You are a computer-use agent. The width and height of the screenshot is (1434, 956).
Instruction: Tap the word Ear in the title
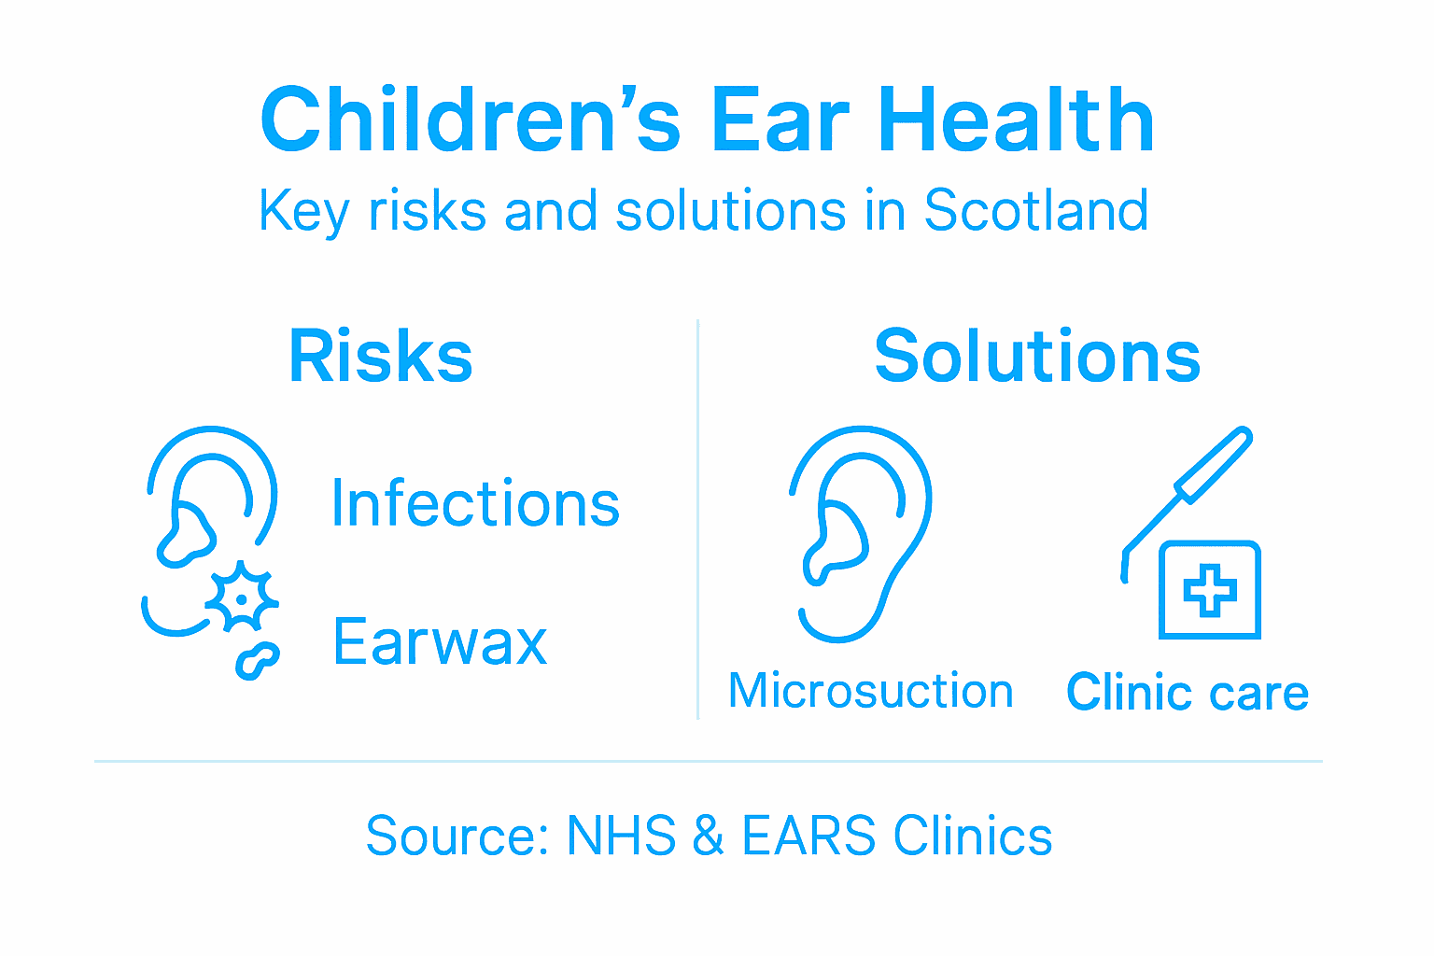tap(780, 120)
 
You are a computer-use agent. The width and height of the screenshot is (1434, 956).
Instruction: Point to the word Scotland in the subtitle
tap(1035, 210)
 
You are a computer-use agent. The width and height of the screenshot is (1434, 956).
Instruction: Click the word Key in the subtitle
tap(303, 212)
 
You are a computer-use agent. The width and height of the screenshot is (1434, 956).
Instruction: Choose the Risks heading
tap(381, 356)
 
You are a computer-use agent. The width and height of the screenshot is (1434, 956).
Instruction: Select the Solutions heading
tap(1037, 356)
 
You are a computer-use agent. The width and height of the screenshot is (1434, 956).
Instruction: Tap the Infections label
tap(475, 504)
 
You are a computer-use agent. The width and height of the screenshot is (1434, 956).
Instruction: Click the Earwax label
tap(440, 642)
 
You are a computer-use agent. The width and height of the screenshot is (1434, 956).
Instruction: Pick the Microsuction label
tap(870, 691)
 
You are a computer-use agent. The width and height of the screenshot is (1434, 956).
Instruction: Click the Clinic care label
tap(1188, 693)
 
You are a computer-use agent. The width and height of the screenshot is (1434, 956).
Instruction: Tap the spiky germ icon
tap(242, 597)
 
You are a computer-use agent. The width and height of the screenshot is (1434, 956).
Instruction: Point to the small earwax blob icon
tap(257, 659)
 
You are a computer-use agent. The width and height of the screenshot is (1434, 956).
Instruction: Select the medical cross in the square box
tap(1210, 590)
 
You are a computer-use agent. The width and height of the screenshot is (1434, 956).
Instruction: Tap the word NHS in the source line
tap(621, 836)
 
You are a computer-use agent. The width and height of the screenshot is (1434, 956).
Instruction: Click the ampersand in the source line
tap(709, 836)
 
